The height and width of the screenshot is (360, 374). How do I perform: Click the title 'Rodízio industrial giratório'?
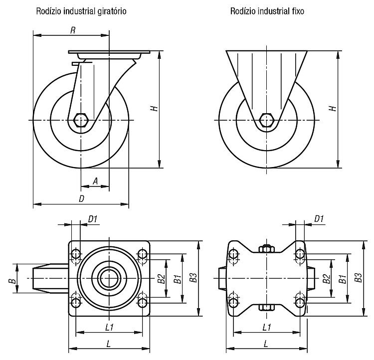pyautogui.click(x=81, y=11)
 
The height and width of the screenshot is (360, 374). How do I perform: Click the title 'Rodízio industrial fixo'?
pyautogui.click(x=267, y=11)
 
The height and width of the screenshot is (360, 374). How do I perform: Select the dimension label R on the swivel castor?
pyautogui.click(x=73, y=30)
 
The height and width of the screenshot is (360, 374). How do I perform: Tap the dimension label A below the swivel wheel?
pyautogui.click(x=95, y=181)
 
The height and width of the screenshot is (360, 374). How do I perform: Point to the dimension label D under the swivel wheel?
pyautogui.click(x=82, y=198)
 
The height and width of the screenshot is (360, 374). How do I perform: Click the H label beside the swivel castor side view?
pyautogui.click(x=155, y=108)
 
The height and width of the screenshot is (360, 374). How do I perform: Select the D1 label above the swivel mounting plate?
pyautogui.click(x=93, y=219)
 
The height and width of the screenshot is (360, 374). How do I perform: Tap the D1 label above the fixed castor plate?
pyautogui.click(x=319, y=219)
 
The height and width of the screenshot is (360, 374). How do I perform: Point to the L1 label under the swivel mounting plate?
pyautogui.click(x=109, y=327)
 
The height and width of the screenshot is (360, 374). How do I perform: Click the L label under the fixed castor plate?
pyautogui.click(x=266, y=344)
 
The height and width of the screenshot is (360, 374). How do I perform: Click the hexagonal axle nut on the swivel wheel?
pyautogui.click(x=81, y=120)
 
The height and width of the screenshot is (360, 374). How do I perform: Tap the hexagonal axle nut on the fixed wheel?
pyautogui.click(x=267, y=120)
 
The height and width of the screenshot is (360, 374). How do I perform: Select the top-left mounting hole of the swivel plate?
pyautogui.click(x=76, y=254)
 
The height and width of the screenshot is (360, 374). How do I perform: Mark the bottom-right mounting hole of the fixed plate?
pyautogui.click(x=300, y=303)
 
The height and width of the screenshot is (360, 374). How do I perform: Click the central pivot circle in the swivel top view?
pyautogui.click(x=109, y=278)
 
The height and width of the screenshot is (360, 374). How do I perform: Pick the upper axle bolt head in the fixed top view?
pyautogui.click(x=267, y=248)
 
